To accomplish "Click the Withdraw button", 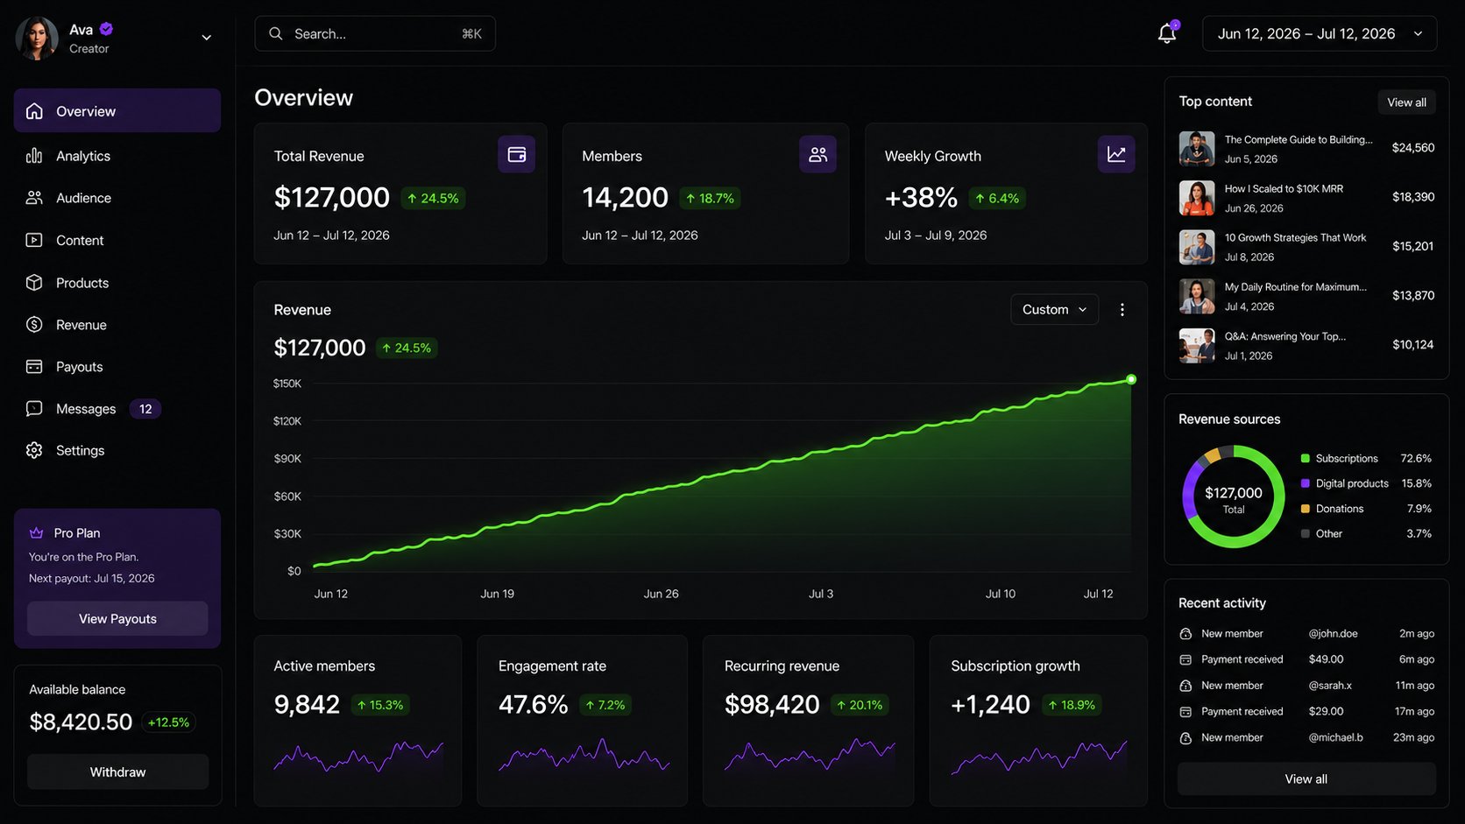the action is click(x=117, y=771).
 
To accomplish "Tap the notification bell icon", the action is click(x=1167, y=32).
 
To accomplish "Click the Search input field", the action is click(x=375, y=33).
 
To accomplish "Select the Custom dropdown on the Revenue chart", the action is click(x=1054, y=309).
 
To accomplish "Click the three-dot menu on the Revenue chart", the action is click(x=1122, y=310).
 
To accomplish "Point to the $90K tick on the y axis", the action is click(x=287, y=459).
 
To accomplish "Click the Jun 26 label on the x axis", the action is click(x=662, y=594).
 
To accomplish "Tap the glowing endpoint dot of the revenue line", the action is click(x=1131, y=380).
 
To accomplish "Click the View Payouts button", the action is click(x=117, y=618).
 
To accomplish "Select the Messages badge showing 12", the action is click(x=145, y=409).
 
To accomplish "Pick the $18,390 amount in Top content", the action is click(x=1413, y=197).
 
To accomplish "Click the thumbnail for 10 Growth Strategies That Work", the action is click(x=1197, y=247).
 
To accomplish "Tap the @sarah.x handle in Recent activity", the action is click(x=1330, y=686).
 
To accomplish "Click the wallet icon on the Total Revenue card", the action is click(x=517, y=154).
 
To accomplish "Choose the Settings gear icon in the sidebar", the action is click(x=34, y=450).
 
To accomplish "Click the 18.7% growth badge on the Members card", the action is click(x=710, y=198).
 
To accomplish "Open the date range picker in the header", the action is click(x=1320, y=33).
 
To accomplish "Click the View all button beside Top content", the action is click(x=1407, y=102).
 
